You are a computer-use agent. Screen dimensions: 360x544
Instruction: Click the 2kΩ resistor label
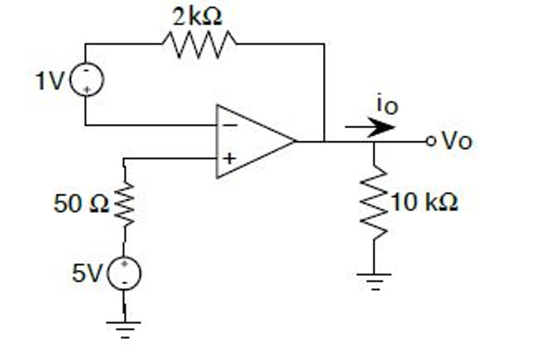(x=197, y=16)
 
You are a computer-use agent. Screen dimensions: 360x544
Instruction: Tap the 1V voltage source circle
(x=87, y=79)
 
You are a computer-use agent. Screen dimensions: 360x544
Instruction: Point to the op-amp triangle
(x=250, y=141)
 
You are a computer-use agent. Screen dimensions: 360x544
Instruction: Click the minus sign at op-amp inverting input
(x=230, y=125)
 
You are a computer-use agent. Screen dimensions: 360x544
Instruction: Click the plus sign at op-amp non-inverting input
(x=229, y=159)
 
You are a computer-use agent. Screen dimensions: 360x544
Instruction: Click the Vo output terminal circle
(x=431, y=141)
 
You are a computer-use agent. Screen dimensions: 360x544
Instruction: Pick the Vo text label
(x=457, y=141)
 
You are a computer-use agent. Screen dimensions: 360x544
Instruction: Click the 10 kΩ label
(x=424, y=203)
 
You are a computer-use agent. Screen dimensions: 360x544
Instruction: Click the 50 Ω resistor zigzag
(x=124, y=204)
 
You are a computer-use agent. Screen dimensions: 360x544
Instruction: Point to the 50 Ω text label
(x=81, y=204)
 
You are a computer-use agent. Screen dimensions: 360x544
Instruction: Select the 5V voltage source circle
(x=124, y=273)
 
